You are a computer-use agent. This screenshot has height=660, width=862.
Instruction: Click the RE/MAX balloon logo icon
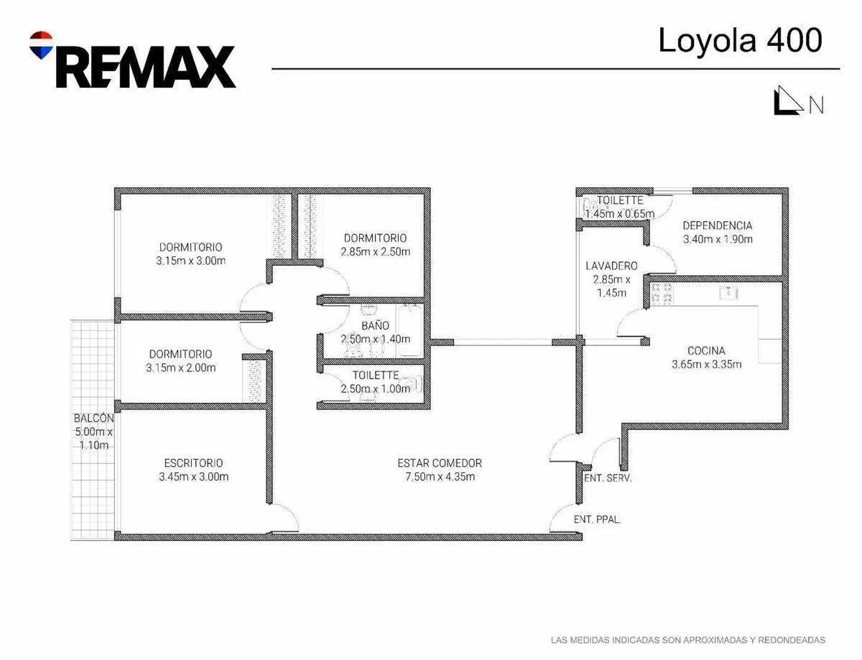click(41, 45)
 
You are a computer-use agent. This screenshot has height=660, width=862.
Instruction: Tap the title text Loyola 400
click(740, 40)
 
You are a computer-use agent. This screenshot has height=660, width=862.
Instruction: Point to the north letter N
click(816, 105)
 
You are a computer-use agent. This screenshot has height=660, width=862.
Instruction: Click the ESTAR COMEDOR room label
click(440, 463)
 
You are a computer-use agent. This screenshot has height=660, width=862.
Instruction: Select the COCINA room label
click(706, 350)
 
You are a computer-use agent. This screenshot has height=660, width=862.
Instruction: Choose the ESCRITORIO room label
click(193, 463)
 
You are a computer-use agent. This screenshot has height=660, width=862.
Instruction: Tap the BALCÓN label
click(93, 418)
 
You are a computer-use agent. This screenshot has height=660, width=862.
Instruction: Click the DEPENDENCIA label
click(717, 226)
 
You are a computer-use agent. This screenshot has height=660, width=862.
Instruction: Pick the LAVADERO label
click(611, 266)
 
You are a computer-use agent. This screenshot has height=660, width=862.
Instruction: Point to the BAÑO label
click(375, 325)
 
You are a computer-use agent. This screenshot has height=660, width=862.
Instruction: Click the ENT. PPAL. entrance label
click(597, 519)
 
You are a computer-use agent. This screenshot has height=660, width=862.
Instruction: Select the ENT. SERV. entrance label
click(607, 478)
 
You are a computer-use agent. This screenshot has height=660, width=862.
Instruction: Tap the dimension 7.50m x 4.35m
click(440, 477)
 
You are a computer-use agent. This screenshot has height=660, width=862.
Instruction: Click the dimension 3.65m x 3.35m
click(707, 364)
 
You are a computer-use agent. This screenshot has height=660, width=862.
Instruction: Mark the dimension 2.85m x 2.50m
click(375, 251)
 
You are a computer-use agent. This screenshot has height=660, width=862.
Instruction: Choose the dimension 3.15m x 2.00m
click(180, 368)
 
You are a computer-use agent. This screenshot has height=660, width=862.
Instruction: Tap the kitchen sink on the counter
click(728, 293)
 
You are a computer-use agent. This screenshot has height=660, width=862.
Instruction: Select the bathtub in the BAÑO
click(409, 330)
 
